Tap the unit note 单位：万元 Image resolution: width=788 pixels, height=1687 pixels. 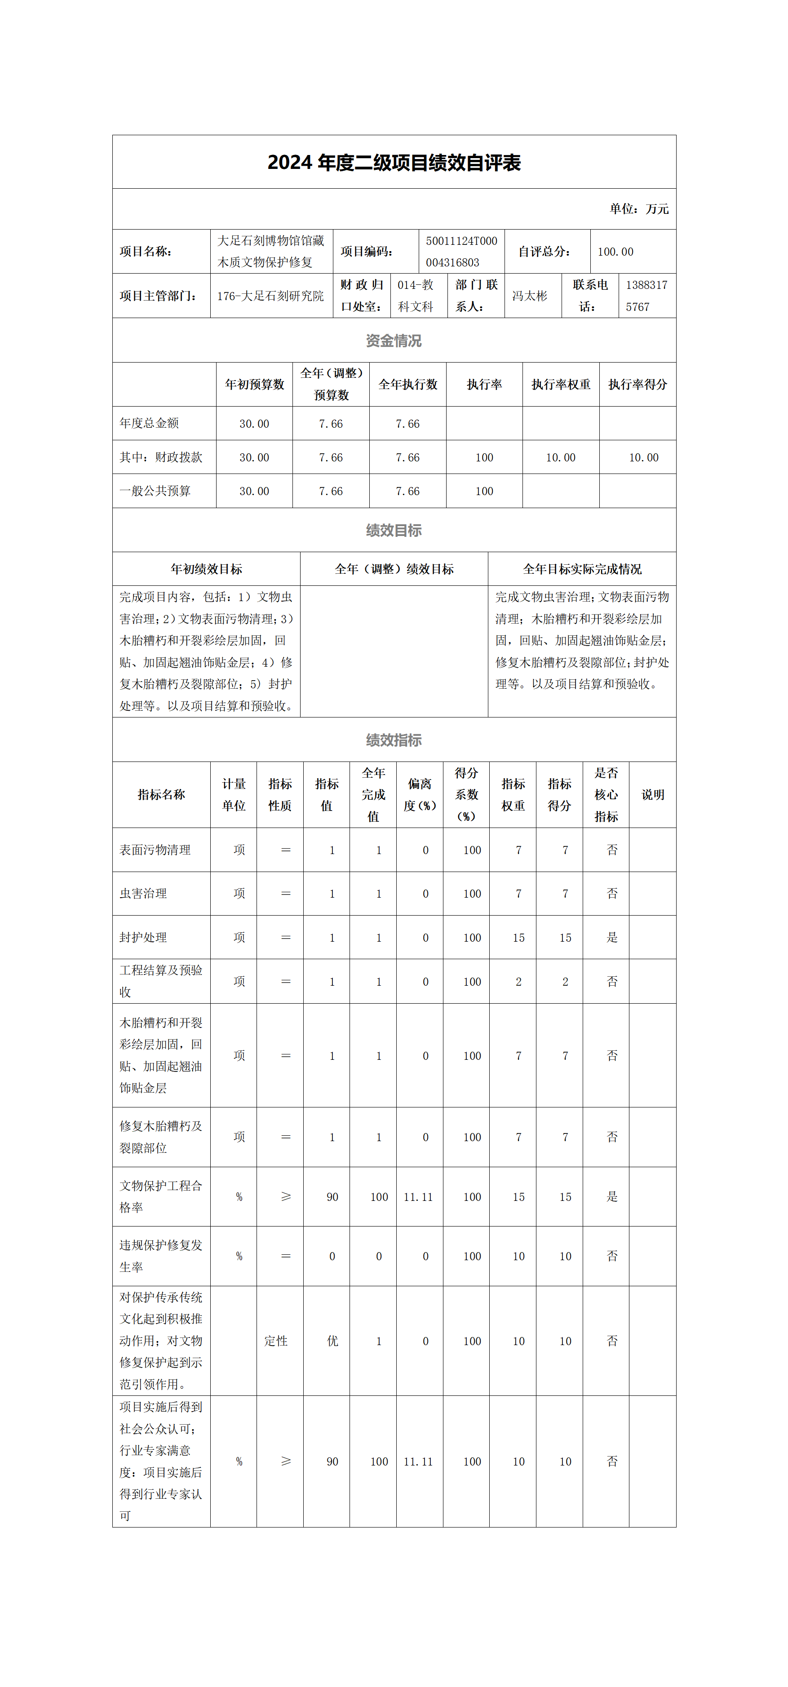(639, 209)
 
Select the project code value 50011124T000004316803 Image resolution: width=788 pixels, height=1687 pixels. (461, 252)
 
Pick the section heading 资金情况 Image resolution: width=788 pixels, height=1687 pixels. (394, 341)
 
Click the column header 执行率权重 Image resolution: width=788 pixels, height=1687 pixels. (561, 385)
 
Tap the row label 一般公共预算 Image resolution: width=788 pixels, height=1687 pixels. (155, 491)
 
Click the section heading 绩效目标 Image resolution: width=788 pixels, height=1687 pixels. (394, 531)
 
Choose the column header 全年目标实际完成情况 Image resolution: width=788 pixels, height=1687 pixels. (582, 569)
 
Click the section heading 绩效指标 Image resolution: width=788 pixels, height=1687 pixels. (394, 740)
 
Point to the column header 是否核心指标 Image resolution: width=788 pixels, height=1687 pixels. (606, 794)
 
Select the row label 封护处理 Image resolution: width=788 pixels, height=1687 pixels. (143, 938)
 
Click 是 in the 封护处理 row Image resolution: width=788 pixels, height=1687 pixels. (612, 938)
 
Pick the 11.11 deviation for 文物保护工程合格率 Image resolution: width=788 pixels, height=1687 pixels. (418, 1197)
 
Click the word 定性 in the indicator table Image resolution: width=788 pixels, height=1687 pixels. (276, 1341)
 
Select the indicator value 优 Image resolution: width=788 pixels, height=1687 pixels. (332, 1341)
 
